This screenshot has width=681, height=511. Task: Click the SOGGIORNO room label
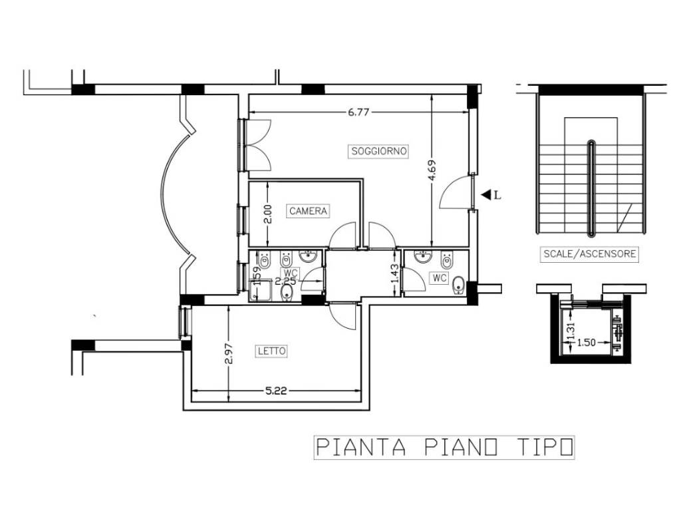[x=378, y=151]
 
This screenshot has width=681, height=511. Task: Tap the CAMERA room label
[x=308, y=211]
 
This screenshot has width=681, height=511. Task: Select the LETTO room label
[x=272, y=351]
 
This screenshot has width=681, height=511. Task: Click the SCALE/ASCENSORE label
[x=589, y=254]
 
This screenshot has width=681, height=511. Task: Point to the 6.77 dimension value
[x=358, y=112]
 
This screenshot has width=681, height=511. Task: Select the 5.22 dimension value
[x=276, y=391]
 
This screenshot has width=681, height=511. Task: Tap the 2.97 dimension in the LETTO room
[x=229, y=354]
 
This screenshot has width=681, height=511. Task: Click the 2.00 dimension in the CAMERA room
[x=268, y=214]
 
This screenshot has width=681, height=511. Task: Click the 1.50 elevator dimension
[x=587, y=343]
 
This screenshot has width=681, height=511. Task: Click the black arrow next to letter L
[x=485, y=195]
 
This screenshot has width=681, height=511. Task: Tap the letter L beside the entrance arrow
[x=497, y=196]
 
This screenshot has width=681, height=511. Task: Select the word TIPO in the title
[x=545, y=447]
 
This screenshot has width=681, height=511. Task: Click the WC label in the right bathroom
[x=439, y=278]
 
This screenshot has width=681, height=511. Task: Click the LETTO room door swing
[x=342, y=316]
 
